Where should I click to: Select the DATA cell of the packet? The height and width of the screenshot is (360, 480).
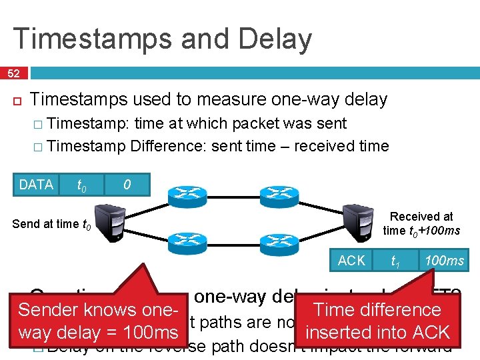[37, 185]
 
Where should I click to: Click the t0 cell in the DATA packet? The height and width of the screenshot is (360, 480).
[81, 185]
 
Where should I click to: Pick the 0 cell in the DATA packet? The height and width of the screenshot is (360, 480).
[126, 185]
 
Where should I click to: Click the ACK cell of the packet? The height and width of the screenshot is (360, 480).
[351, 261]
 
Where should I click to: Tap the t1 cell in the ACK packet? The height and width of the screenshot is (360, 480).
[395, 261]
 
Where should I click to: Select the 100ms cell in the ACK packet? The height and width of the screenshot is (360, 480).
[444, 261]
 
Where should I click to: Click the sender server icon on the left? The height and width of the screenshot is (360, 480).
[109, 223]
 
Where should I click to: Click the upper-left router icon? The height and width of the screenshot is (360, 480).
[187, 195]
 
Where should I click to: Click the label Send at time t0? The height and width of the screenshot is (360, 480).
[52, 224]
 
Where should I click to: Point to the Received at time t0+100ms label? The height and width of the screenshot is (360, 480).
[421, 224]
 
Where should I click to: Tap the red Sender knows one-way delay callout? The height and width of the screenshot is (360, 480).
[99, 321]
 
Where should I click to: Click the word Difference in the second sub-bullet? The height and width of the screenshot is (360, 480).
[169, 146]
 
